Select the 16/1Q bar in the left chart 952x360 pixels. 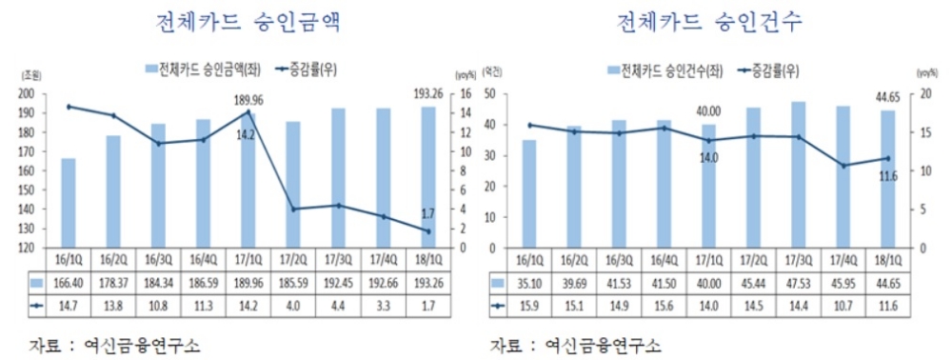[69, 203]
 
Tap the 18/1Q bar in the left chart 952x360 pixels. [428, 177]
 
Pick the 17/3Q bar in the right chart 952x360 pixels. [798, 174]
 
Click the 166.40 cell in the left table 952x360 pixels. [69, 282]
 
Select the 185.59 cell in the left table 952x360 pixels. [293, 282]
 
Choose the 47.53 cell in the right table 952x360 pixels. [798, 282]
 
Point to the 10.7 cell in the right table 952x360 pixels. [843, 304]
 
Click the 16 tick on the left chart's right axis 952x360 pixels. [461, 93]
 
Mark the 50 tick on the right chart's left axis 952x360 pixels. [494, 93]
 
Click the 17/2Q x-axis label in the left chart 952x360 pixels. [293, 259]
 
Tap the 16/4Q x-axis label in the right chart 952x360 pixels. [664, 259]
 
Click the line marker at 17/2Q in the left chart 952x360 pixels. [293, 209]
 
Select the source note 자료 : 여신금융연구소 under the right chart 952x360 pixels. [576, 344]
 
